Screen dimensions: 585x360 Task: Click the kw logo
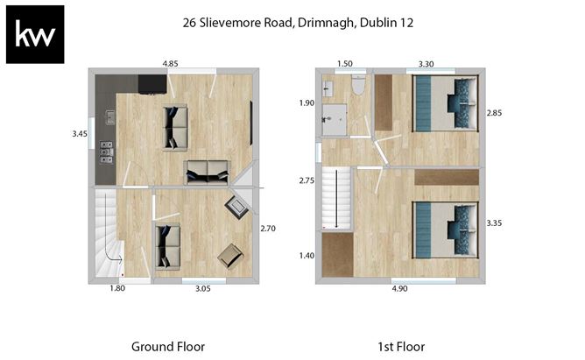coord(35,34)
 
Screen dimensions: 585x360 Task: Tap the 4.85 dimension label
coord(170,64)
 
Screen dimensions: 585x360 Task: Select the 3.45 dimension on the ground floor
coord(80,134)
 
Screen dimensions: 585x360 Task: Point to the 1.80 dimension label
coord(117,288)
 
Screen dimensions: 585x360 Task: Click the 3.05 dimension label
coord(203,288)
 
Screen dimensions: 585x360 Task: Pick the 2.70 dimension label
coord(268,229)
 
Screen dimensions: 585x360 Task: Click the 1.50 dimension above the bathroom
coord(345,64)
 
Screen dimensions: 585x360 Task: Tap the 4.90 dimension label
coord(399,289)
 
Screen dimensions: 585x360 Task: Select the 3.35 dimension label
coord(494,223)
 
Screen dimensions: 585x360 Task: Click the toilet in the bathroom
coord(359,84)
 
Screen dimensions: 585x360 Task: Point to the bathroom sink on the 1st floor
coord(328,89)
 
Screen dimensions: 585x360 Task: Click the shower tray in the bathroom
coord(335,119)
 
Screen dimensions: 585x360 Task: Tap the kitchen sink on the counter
coord(109,117)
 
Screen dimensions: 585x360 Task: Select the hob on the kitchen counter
coord(106,152)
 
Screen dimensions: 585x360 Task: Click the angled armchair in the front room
coord(230,256)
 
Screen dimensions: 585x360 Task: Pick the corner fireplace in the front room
coord(236,207)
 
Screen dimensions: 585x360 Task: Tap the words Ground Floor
coord(168,347)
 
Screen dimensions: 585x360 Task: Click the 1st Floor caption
coord(401,347)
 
